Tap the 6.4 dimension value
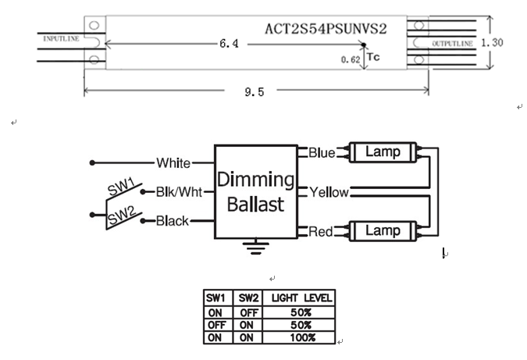229,45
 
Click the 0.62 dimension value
350,59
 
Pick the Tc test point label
372,57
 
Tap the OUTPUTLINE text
451,45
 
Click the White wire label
173,163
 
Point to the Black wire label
173,221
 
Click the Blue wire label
322,152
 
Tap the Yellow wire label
329,191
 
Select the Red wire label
321,230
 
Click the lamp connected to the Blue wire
383,152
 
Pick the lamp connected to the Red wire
383,230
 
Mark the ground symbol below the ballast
251,249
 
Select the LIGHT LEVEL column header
301,298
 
